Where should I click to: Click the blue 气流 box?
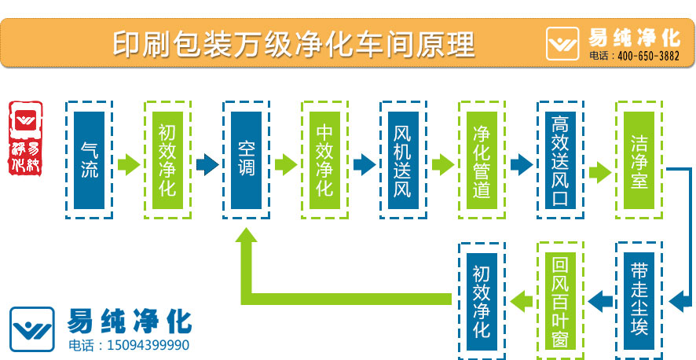click(x=89, y=160)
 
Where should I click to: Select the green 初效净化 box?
click(x=167, y=160)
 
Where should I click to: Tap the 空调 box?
click(x=246, y=160)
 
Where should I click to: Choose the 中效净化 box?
click(x=324, y=160)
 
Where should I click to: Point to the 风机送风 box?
click(x=403, y=160)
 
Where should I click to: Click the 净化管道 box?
click(x=482, y=160)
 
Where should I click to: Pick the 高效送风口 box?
click(x=560, y=160)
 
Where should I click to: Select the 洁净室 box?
click(x=639, y=160)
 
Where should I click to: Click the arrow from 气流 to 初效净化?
click(x=128, y=164)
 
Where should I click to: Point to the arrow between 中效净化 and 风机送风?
click(x=364, y=164)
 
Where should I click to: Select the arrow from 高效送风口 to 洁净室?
click(x=599, y=172)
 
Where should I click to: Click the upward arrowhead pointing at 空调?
click(x=246, y=239)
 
